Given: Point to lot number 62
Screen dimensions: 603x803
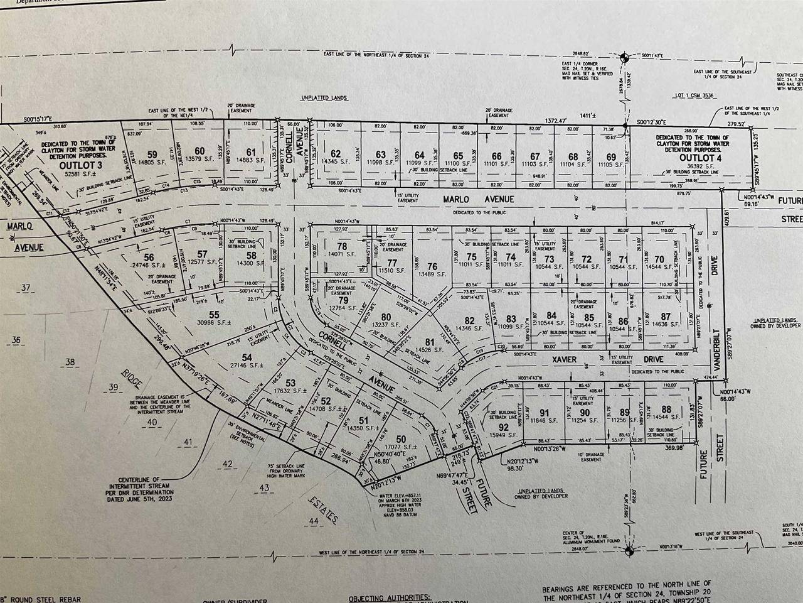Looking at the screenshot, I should [x=336, y=153].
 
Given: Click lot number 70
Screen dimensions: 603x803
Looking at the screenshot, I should [x=659, y=259].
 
